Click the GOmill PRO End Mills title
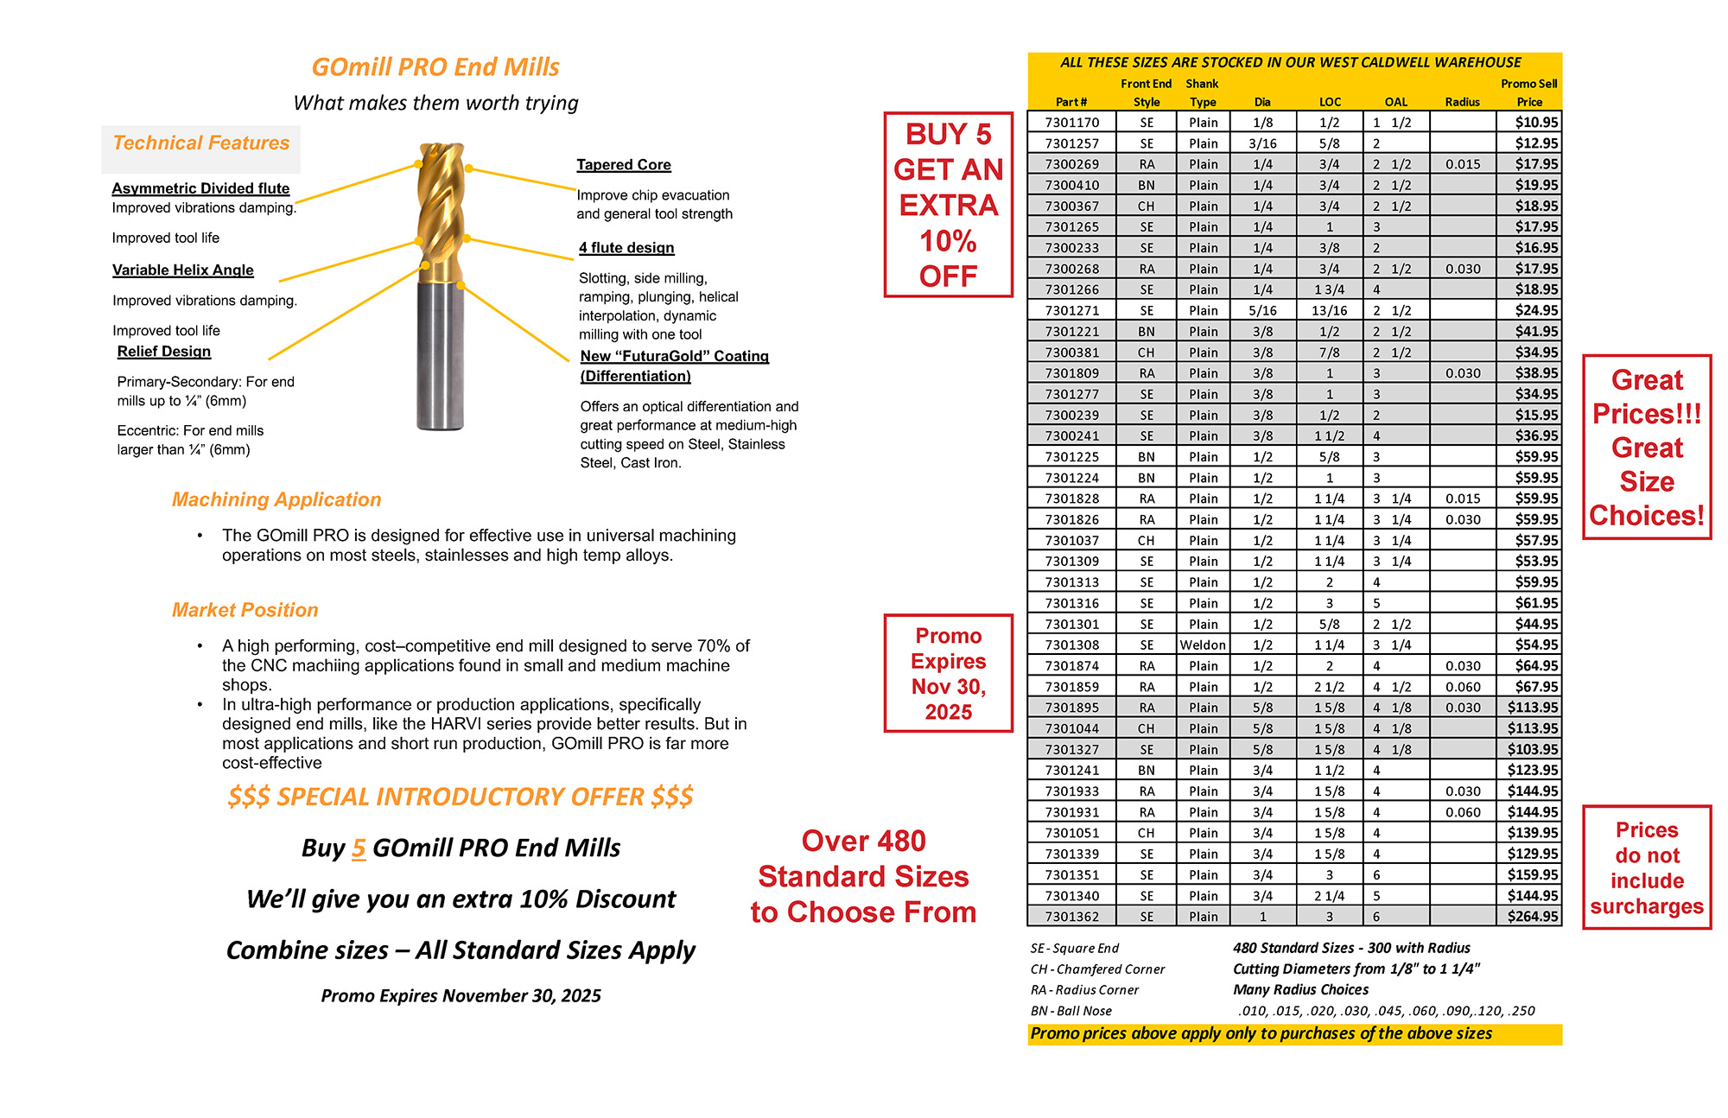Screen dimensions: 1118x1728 point(435,67)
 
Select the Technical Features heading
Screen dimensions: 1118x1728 point(201,143)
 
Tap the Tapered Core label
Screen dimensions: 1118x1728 point(624,165)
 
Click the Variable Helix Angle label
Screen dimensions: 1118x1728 point(183,270)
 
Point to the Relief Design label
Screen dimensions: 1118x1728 point(164,352)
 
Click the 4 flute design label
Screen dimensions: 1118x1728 point(626,248)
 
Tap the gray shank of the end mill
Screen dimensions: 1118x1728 point(441,354)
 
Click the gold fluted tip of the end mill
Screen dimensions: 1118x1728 point(441,207)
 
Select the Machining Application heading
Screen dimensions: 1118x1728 point(276,499)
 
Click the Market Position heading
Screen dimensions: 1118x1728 point(245,610)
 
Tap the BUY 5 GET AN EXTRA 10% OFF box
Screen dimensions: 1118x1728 point(948,205)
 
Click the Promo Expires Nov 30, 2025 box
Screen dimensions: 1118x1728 point(948,674)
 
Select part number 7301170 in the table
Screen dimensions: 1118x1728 point(1071,123)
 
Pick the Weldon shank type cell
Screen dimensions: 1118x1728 point(1203,645)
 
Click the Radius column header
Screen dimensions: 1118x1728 point(1462,102)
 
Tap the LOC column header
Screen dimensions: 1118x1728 point(1330,102)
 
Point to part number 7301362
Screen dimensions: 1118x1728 point(1071,917)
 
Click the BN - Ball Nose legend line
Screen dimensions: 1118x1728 point(1070,1011)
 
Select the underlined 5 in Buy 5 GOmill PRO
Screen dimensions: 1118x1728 point(359,848)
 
